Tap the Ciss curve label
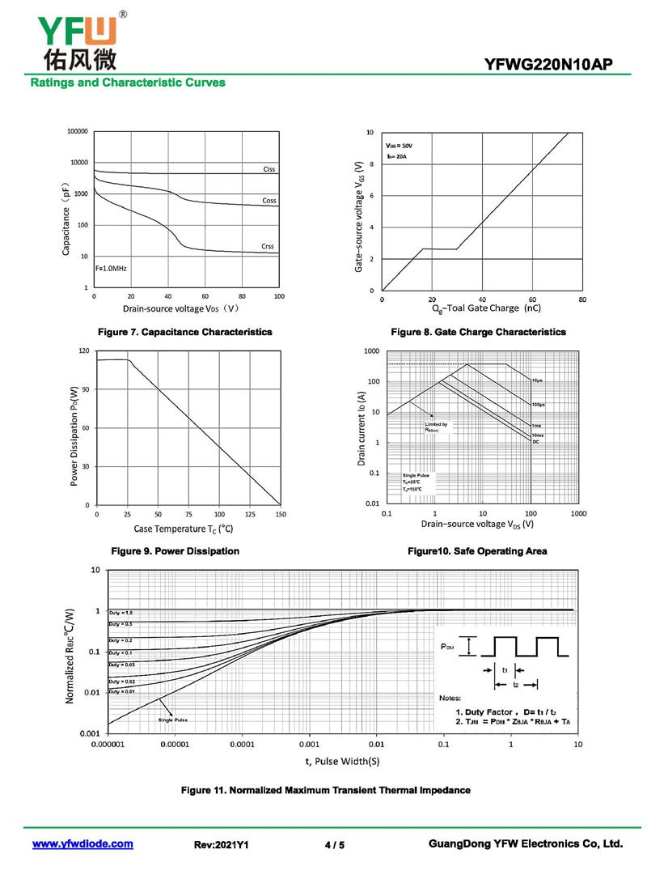(x=269, y=169)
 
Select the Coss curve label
(x=269, y=200)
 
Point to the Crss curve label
(x=268, y=246)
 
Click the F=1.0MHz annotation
(x=112, y=268)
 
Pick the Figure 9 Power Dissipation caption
(x=175, y=551)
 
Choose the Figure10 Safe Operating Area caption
(x=477, y=551)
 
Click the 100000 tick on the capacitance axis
(x=77, y=131)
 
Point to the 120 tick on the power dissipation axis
(x=83, y=351)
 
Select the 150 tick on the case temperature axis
(x=280, y=515)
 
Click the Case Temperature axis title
(x=184, y=529)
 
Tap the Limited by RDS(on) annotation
(x=435, y=427)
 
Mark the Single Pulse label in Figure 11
(x=173, y=720)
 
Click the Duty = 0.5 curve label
(x=121, y=624)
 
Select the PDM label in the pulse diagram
(x=447, y=648)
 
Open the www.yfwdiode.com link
(x=82, y=844)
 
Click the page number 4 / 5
(x=334, y=845)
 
